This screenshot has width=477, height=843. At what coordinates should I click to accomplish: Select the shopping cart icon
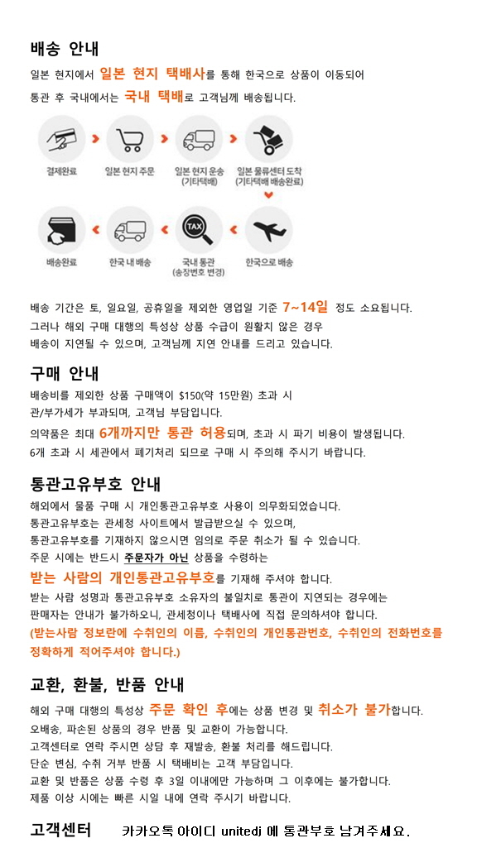tap(130, 139)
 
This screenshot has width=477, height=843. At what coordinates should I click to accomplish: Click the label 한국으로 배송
tap(269, 262)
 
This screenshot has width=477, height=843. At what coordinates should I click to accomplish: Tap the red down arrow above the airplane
tap(268, 195)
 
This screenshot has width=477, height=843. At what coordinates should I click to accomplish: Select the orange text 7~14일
tap(305, 307)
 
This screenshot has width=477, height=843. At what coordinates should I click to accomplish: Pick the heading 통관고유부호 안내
tap(95, 483)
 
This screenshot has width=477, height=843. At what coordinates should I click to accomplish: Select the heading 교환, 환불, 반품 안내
tap(107, 685)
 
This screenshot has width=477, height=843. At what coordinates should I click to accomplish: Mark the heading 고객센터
tap(60, 829)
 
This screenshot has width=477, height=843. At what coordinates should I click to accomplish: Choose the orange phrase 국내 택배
tap(153, 97)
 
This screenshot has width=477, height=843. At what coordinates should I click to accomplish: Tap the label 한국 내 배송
tap(130, 262)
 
